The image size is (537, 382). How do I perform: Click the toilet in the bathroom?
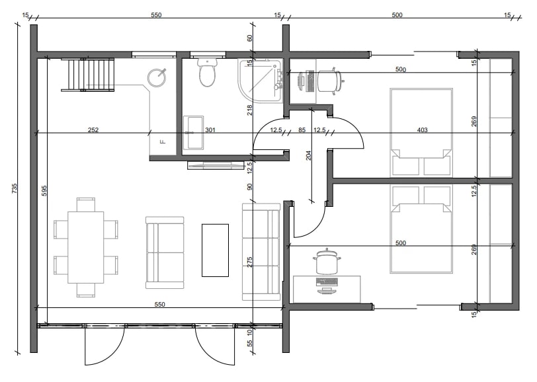[x=208, y=72]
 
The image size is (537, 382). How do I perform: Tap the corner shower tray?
[x=261, y=81]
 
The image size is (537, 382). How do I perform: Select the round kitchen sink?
[x=157, y=77]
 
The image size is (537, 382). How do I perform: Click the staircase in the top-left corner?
[x=88, y=75]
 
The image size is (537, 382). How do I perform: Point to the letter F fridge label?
[x=163, y=141]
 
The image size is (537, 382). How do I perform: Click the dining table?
[x=85, y=247]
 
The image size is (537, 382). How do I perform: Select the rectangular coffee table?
[x=215, y=250]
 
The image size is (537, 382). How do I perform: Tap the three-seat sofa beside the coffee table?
[x=261, y=252]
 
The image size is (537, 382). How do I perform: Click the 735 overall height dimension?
[x=14, y=188]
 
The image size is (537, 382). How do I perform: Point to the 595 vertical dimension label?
[x=44, y=190]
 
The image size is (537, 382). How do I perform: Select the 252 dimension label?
[x=93, y=130]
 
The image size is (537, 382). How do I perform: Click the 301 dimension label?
[x=210, y=130]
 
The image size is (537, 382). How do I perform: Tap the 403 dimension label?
[x=423, y=130]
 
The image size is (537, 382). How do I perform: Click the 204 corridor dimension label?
[x=309, y=155]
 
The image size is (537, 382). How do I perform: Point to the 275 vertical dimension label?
[x=250, y=262]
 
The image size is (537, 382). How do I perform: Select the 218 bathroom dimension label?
[x=250, y=110]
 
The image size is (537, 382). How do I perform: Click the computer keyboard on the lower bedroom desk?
[x=327, y=282]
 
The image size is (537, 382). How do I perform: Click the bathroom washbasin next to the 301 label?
[x=193, y=133]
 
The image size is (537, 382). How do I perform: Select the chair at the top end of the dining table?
[x=86, y=205]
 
